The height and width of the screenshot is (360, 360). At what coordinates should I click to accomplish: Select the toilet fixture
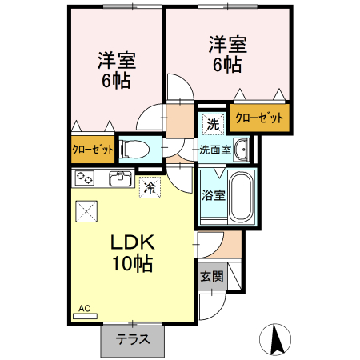(x=137, y=148)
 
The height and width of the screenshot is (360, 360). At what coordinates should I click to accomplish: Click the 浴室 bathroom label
(x=213, y=194)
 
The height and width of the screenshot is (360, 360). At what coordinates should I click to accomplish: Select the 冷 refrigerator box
(x=149, y=188)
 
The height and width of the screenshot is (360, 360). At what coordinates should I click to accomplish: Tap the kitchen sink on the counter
(x=121, y=178)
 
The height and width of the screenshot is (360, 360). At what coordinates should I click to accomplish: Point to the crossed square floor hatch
(x=86, y=212)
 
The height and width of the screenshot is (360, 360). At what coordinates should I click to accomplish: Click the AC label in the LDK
(x=84, y=308)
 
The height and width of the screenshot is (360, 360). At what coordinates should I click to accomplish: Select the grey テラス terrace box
(x=132, y=338)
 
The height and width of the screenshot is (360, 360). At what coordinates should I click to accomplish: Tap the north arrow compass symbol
(x=277, y=339)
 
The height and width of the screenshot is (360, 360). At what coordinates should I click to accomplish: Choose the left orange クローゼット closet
(x=92, y=149)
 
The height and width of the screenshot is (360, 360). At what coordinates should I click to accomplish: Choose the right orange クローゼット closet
(x=259, y=118)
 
